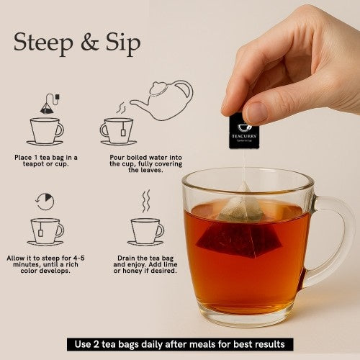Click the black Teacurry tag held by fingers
(x=243, y=130)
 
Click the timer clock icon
(x=45, y=201)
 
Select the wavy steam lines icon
(x=145, y=201)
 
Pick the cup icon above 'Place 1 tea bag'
(x=45, y=131)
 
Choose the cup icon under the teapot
(x=117, y=132)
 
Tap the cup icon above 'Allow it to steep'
(x=45, y=231)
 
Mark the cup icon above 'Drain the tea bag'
(x=145, y=231)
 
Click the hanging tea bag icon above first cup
(x=48, y=105)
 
